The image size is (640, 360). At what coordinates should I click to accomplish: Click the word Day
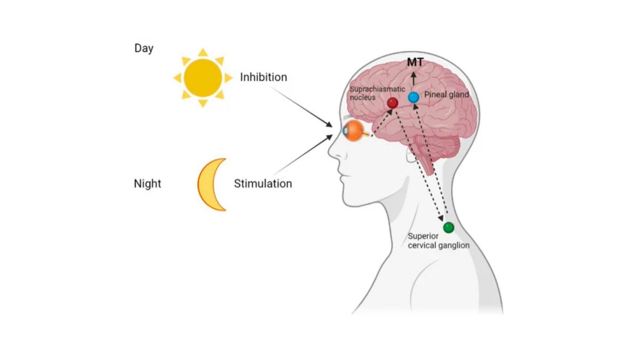pyautogui.click(x=143, y=49)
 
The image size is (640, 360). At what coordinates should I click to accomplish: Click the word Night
pyautogui.click(x=147, y=185)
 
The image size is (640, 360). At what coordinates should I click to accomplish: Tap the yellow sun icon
pyautogui.click(x=203, y=77)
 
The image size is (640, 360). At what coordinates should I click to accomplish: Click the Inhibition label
pyautogui.click(x=263, y=77)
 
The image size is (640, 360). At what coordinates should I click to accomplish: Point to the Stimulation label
pyautogui.click(x=263, y=184)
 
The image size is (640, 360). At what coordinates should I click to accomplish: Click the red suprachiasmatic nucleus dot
pyautogui.click(x=392, y=103)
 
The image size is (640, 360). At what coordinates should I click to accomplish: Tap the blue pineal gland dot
pyautogui.click(x=413, y=98)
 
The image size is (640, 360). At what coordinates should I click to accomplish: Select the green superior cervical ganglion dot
pyautogui.click(x=449, y=228)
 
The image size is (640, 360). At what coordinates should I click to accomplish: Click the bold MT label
pyautogui.click(x=415, y=63)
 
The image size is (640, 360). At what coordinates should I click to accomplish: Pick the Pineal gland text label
pyautogui.click(x=446, y=95)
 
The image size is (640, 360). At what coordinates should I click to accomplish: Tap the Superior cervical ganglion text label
pyautogui.click(x=438, y=241)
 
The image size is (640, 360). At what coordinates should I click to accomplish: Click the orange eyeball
pyautogui.click(x=353, y=130)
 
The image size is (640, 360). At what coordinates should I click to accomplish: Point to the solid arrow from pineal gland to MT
pyautogui.click(x=414, y=79)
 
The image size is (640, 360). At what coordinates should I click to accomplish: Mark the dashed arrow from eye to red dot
pyautogui.click(x=381, y=119)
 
